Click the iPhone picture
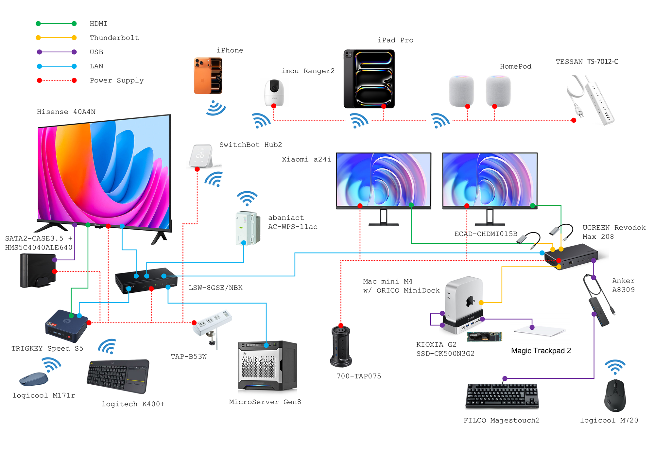(208, 76)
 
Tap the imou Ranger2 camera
(274, 93)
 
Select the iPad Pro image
(369, 79)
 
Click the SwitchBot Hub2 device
(201, 156)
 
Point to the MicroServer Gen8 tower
(267, 366)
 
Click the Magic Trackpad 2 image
(540, 331)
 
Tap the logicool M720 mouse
(615, 396)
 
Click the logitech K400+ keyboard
(118, 376)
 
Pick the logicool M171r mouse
(34, 379)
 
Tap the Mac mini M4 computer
(464, 298)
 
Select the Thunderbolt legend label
(114, 38)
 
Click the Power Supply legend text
(116, 80)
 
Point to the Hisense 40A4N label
(66, 112)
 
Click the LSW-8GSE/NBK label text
(215, 288)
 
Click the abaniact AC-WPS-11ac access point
(248, 228)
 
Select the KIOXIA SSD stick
(484, 336)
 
